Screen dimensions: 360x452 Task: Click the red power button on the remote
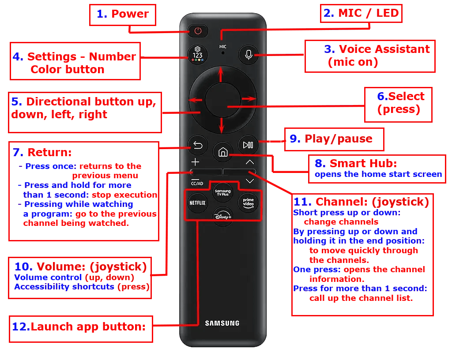197,30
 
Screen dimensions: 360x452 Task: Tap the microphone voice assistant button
249,55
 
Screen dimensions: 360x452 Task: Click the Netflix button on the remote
197,203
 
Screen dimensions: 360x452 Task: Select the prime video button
248,202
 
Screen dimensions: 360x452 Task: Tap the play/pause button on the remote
248,145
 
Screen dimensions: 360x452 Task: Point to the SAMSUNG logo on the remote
222,323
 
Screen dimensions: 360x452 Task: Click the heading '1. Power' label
123,14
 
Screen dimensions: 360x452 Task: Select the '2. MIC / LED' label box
361,13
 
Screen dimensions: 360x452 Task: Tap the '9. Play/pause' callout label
333,139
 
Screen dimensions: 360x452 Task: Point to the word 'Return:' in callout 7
49,153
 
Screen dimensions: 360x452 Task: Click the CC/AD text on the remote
197,183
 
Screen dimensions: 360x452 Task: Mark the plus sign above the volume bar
195,162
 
